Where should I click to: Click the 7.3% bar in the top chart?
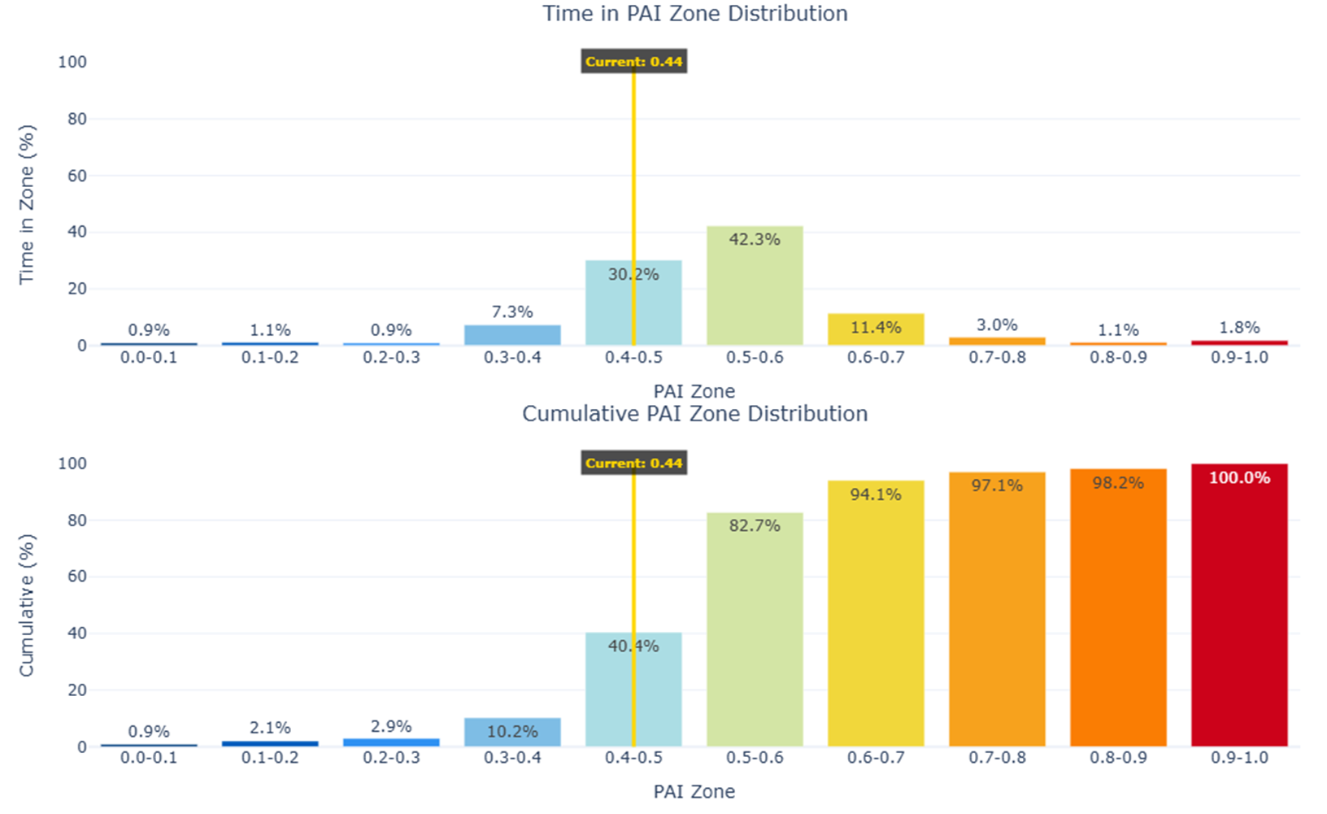512,335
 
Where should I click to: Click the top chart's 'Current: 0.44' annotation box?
633,62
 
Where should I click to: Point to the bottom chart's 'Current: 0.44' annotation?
633,464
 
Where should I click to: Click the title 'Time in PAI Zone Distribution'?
695,14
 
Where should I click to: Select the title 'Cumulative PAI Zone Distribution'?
694,414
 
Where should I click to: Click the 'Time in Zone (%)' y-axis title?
27,204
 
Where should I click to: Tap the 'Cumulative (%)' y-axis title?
27,605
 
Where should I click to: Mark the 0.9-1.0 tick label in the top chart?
1239,358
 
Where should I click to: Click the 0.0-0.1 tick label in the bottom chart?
149,758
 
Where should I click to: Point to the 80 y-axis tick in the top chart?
76,119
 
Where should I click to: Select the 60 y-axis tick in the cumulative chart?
76,577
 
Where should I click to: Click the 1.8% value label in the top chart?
1239,328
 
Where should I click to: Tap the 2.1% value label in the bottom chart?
270,728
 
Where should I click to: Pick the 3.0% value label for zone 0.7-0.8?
997,325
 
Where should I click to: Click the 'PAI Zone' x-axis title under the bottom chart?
694,791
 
